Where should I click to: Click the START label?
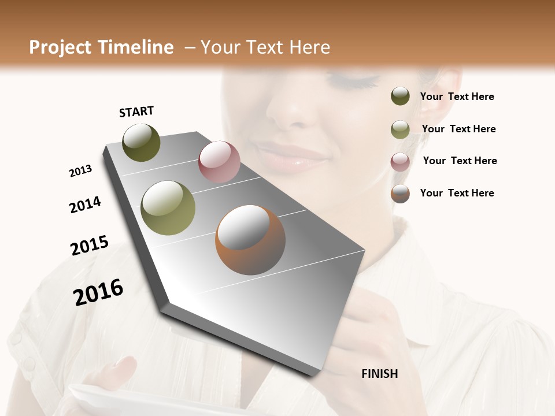tap(136, 112)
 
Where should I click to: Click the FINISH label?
tap(379, 374)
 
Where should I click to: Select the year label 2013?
tap(80, 171)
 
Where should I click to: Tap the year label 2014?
tap(85, 205)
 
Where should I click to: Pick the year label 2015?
tap(90, 246)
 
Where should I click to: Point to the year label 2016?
tap(98, 292)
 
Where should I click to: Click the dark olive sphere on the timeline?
tap(141, 142)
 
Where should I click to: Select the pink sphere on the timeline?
tap(219, 162)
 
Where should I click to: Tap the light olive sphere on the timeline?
tap(168, 208)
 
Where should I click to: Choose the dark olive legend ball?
tap(400, 96)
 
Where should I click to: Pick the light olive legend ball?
tap(400, 129)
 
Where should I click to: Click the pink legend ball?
tap(400, 161)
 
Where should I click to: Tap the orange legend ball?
tap(400, 194)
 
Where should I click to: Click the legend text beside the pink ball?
tap(460, 161)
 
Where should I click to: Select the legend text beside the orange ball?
tap(457, 193)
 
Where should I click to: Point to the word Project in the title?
tap(61, 47)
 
